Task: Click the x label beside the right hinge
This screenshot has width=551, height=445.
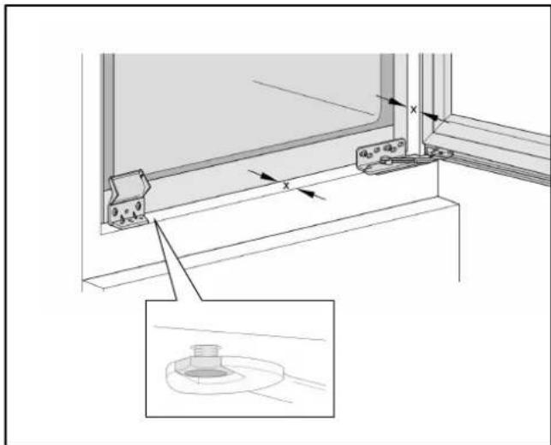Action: click(413, 110)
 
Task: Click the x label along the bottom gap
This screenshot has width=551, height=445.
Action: click(286, 184)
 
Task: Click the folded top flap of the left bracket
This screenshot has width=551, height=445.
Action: click(127, 182)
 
